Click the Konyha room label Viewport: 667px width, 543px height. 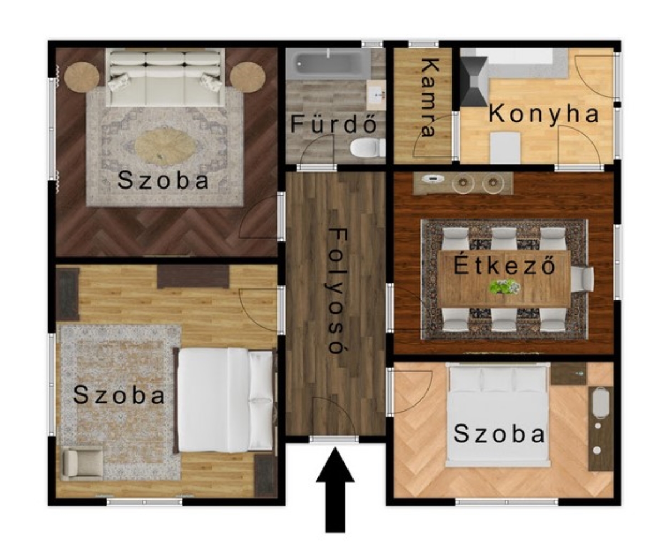tap(544, 115)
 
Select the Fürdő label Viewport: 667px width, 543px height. tap(333, 124)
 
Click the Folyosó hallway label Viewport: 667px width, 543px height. tap(337, 291)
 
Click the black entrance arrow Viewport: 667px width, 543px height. tap(335, 490)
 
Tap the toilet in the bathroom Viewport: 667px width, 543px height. tap(367, 148)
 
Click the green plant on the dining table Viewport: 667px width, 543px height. tap(504, 287)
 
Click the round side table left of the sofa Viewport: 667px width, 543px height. tap(82, 77)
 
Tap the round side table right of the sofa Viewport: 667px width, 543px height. tap(247, 77)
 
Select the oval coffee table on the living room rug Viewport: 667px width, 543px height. tap(165, 147)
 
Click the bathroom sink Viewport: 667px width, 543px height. tap(376, 95)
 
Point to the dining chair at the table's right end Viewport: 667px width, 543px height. tap(582, 279)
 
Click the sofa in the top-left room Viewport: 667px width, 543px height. tap(165, 77)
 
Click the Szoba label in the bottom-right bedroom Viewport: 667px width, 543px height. tap(499, 435)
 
